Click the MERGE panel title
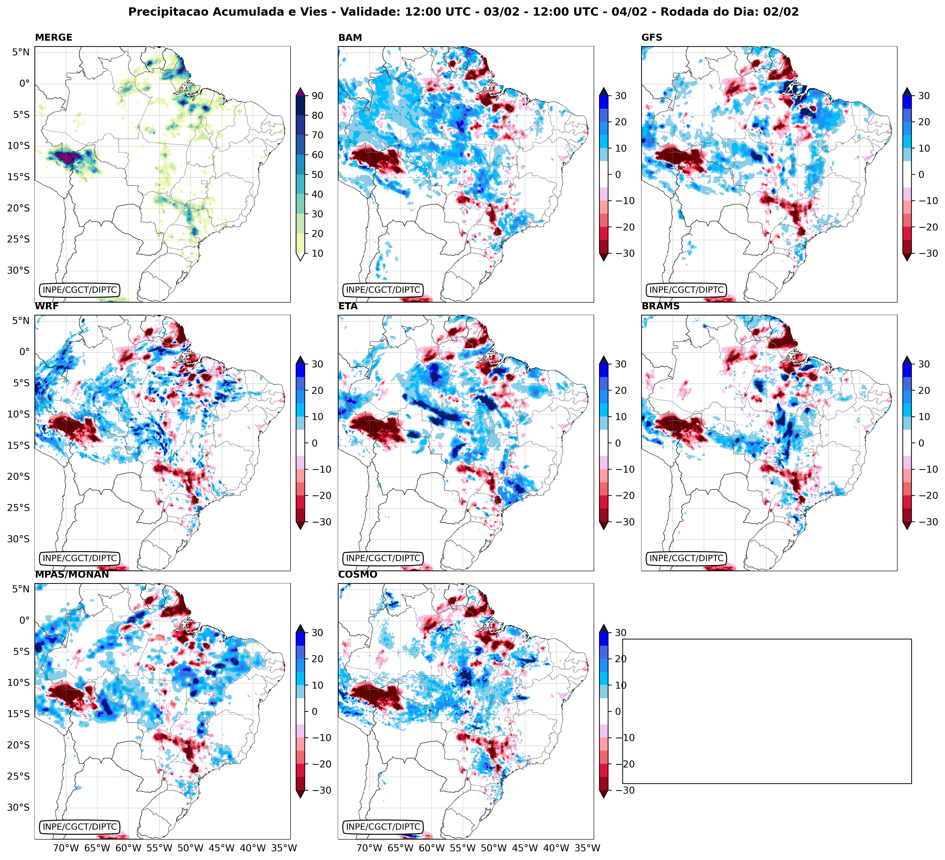pos(54,37)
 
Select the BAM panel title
pos(350,37)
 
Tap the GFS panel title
pos(652,37)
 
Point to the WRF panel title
pos(46,306)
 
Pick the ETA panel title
pos(348,306)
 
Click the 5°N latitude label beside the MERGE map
pos(21,52)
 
